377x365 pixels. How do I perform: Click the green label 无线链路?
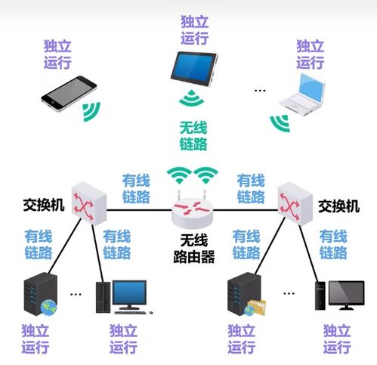pyautogui.click(x=193, y=135)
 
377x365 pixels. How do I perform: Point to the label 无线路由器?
pyautogui.click(x=191, y=250)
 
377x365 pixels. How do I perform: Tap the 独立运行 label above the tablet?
pyautogui.click(x=194, y=29)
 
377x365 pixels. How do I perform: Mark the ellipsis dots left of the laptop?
pyautogui.click(x=261, y=90)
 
